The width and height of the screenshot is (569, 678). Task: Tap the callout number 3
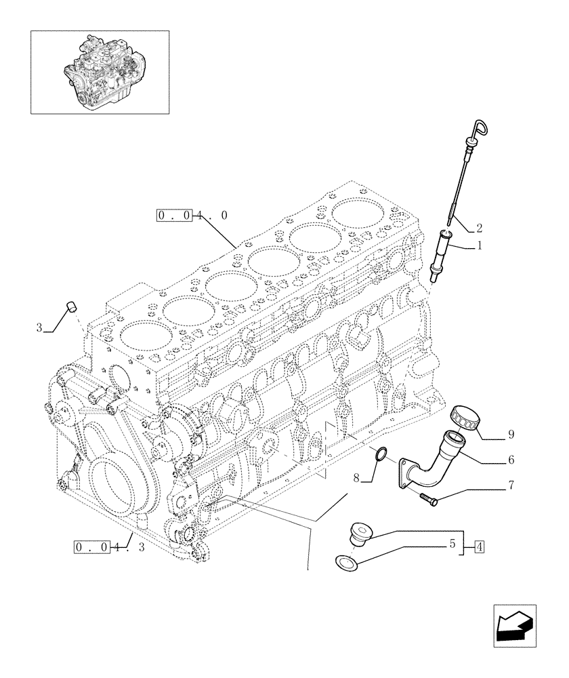coord(40,328)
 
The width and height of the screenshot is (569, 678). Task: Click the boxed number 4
coord(479,546)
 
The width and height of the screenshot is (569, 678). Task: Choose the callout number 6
coord(510,460)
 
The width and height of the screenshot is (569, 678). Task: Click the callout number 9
coord(510,433)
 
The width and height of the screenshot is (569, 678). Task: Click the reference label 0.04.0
coord(192,216)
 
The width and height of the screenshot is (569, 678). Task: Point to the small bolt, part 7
coord(429,500)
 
